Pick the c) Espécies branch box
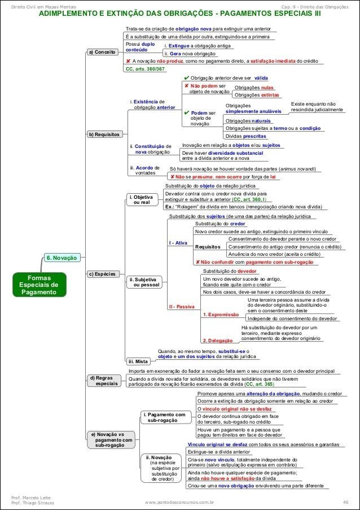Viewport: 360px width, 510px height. pyautogui.click(x=101, y=274)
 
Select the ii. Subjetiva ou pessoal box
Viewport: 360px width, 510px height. pyautogui.click(x=144, y=282)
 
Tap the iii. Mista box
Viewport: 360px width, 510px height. pyautogui.click(x=138, y=361)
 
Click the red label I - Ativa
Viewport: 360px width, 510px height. pyautogui.click(x=178, y=243)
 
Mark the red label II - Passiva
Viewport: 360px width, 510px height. pyautogui.click(x=181, y=306)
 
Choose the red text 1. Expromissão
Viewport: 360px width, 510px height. pyautogui.click(x=221, y=315)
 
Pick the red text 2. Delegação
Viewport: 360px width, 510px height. pyautogui.click(x=217, y=341)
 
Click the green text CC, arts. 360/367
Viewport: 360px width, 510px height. pyautogui.click(x=144, y=69)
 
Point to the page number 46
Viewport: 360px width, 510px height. pyautogui.click(x=345, y=502)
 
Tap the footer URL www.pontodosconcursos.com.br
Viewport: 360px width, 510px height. pyautogui.click(x=179, y=502)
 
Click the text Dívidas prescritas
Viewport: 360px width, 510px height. pyautogui.click(x=245, y=136)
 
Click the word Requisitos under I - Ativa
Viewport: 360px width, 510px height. pyautogui.click(x=207, y=247)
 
